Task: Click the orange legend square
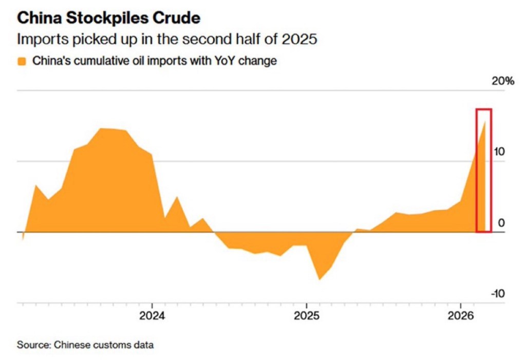tap(22, 62)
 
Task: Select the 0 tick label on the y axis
tap(501, 223)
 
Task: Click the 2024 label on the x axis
tap(152, 314)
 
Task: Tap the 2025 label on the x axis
tap(306, 314)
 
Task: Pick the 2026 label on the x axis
tap(460, 314)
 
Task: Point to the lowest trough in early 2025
tap(319, 279)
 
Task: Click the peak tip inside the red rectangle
tap(485, 121)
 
